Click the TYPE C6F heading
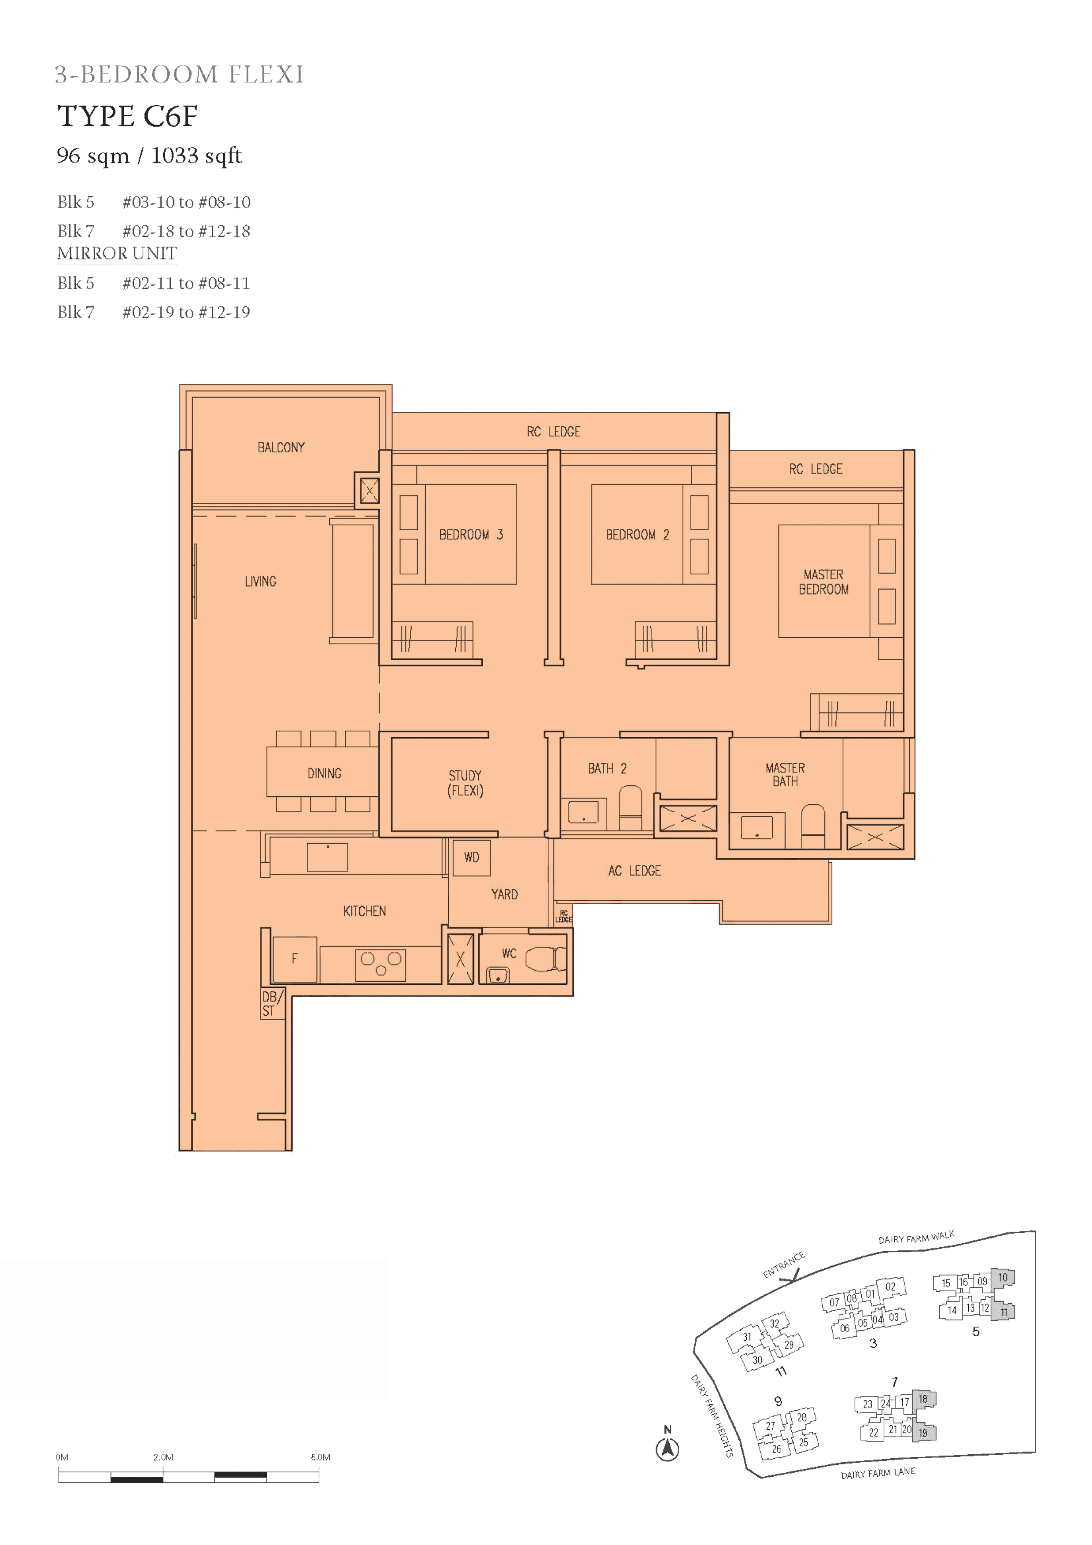[x=127, y=116]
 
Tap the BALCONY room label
[x=281, y=447]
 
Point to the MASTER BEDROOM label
[x=823, y=582]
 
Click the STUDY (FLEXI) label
[x=465, y=783]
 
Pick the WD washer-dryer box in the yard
[x=472, y=858]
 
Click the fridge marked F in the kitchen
[x=295, y=959]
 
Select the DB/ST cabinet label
[x=272, y=1003]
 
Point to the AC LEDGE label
[x=635, y=871]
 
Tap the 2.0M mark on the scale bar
[x=163, y=1457]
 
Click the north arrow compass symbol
[x=668, y=1448]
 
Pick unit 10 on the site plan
[x=1003, y=1278]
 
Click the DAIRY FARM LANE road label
[x=878, y=1474]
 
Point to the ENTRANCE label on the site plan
[x=784, y=1265]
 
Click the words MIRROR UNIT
[x=117, y=254]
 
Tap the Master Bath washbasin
[x=757, y=826]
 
